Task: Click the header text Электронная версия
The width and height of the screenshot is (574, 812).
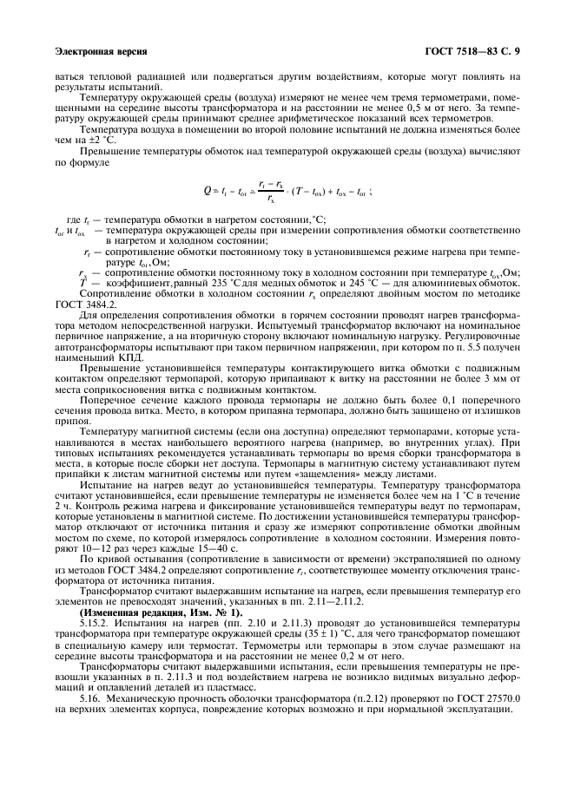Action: coord(101,51)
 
